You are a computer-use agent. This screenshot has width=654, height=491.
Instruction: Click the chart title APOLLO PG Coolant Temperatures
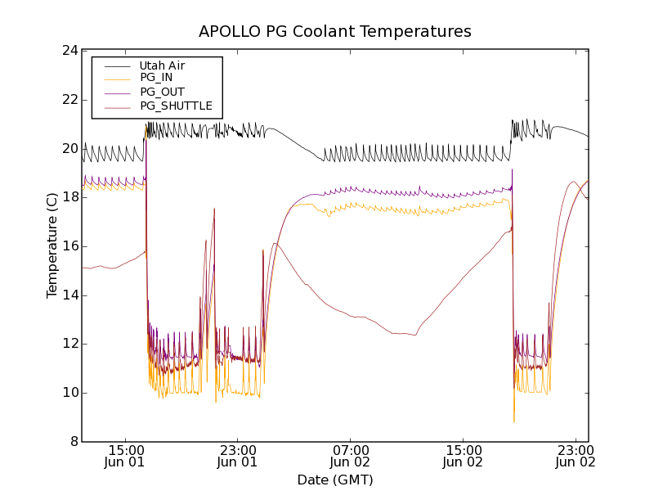point(335,32)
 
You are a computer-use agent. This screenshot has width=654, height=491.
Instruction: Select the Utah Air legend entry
point(162,65)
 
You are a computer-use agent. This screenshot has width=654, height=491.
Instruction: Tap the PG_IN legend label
point(156,78)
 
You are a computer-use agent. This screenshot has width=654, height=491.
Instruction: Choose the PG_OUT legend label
point(162,92)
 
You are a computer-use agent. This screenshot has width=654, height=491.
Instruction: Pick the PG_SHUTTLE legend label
point(176,106)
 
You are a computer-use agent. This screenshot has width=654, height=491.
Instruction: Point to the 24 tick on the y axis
point(69,51)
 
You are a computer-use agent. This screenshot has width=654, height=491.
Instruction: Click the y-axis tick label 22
point(69,100)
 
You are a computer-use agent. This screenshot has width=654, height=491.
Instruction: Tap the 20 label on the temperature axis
point(69,149)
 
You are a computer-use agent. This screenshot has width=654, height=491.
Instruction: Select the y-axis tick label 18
point(69,197)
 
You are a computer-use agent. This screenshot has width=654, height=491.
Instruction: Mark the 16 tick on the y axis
point(69,246)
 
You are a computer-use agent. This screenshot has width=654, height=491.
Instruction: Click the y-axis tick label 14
point(69,295)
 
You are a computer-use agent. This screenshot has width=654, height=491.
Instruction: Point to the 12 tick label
point(69,344)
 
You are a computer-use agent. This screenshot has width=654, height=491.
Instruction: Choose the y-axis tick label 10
point(69,393)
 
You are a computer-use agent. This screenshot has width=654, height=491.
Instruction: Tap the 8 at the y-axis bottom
point(74,442)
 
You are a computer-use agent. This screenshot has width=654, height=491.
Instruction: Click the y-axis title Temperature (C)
point(52,245)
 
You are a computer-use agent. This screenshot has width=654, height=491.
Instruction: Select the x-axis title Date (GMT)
point(335,480)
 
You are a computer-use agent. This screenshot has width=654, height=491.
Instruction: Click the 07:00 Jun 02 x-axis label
point(350,456)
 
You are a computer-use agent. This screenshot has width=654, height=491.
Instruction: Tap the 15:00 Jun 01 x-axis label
point(124,456)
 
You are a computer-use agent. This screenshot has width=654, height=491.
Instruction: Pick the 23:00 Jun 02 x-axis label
point(576,456)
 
